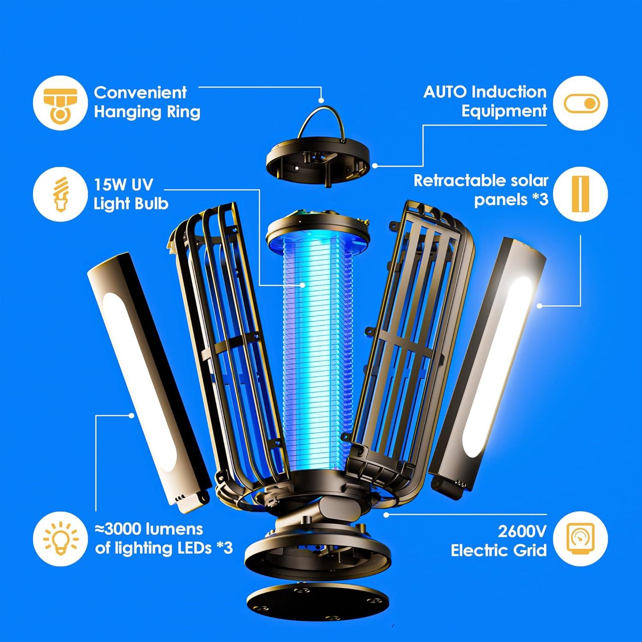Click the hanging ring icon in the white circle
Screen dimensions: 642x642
[60, 103]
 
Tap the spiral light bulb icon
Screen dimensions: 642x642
[60, 194]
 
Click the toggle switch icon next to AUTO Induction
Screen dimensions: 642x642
[580, 104]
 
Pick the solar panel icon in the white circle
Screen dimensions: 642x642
[580, 193]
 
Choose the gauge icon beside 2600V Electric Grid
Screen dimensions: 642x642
[580, 538]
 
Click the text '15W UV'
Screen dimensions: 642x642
[123, 185]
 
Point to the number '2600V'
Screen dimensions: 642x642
[522, 531]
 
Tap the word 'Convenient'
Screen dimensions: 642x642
[140, 92]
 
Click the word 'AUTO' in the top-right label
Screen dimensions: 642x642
[445, 92]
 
